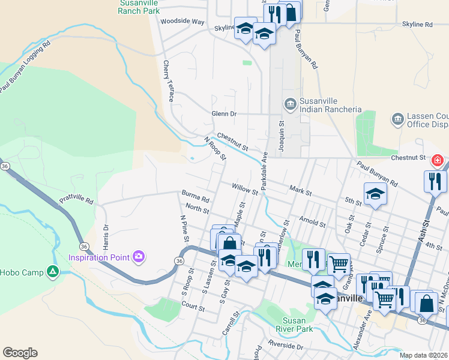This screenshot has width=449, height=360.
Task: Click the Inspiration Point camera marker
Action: (139, 257)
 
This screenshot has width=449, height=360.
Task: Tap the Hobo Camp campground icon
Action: (53, 272)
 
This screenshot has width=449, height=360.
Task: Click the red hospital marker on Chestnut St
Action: (437, 160)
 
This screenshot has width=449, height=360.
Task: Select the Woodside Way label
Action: (182, 21)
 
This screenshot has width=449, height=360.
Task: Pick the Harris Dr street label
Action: (105, 237)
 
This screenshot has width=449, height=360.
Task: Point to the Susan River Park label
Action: (294, 325)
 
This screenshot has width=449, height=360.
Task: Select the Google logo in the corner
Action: (20, 353)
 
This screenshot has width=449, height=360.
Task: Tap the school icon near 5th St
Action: (375, 194)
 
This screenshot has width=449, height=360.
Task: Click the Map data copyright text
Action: (423, 355)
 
